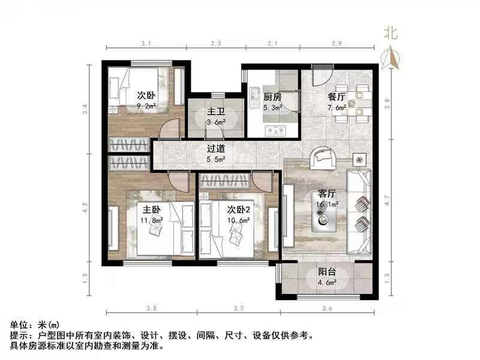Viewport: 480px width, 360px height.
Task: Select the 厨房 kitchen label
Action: (272, 97)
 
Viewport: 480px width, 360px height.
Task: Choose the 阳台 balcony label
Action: (327, 272)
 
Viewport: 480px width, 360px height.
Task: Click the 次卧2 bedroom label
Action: (239, 209)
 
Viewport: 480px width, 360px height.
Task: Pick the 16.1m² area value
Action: (326, 205)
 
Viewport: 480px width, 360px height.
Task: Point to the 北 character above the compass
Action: (391, 34)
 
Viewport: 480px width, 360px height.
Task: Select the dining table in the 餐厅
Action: (353, 102)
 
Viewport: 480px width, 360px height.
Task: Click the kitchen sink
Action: (254, 95)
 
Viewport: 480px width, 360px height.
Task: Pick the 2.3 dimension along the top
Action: (216, 44)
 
